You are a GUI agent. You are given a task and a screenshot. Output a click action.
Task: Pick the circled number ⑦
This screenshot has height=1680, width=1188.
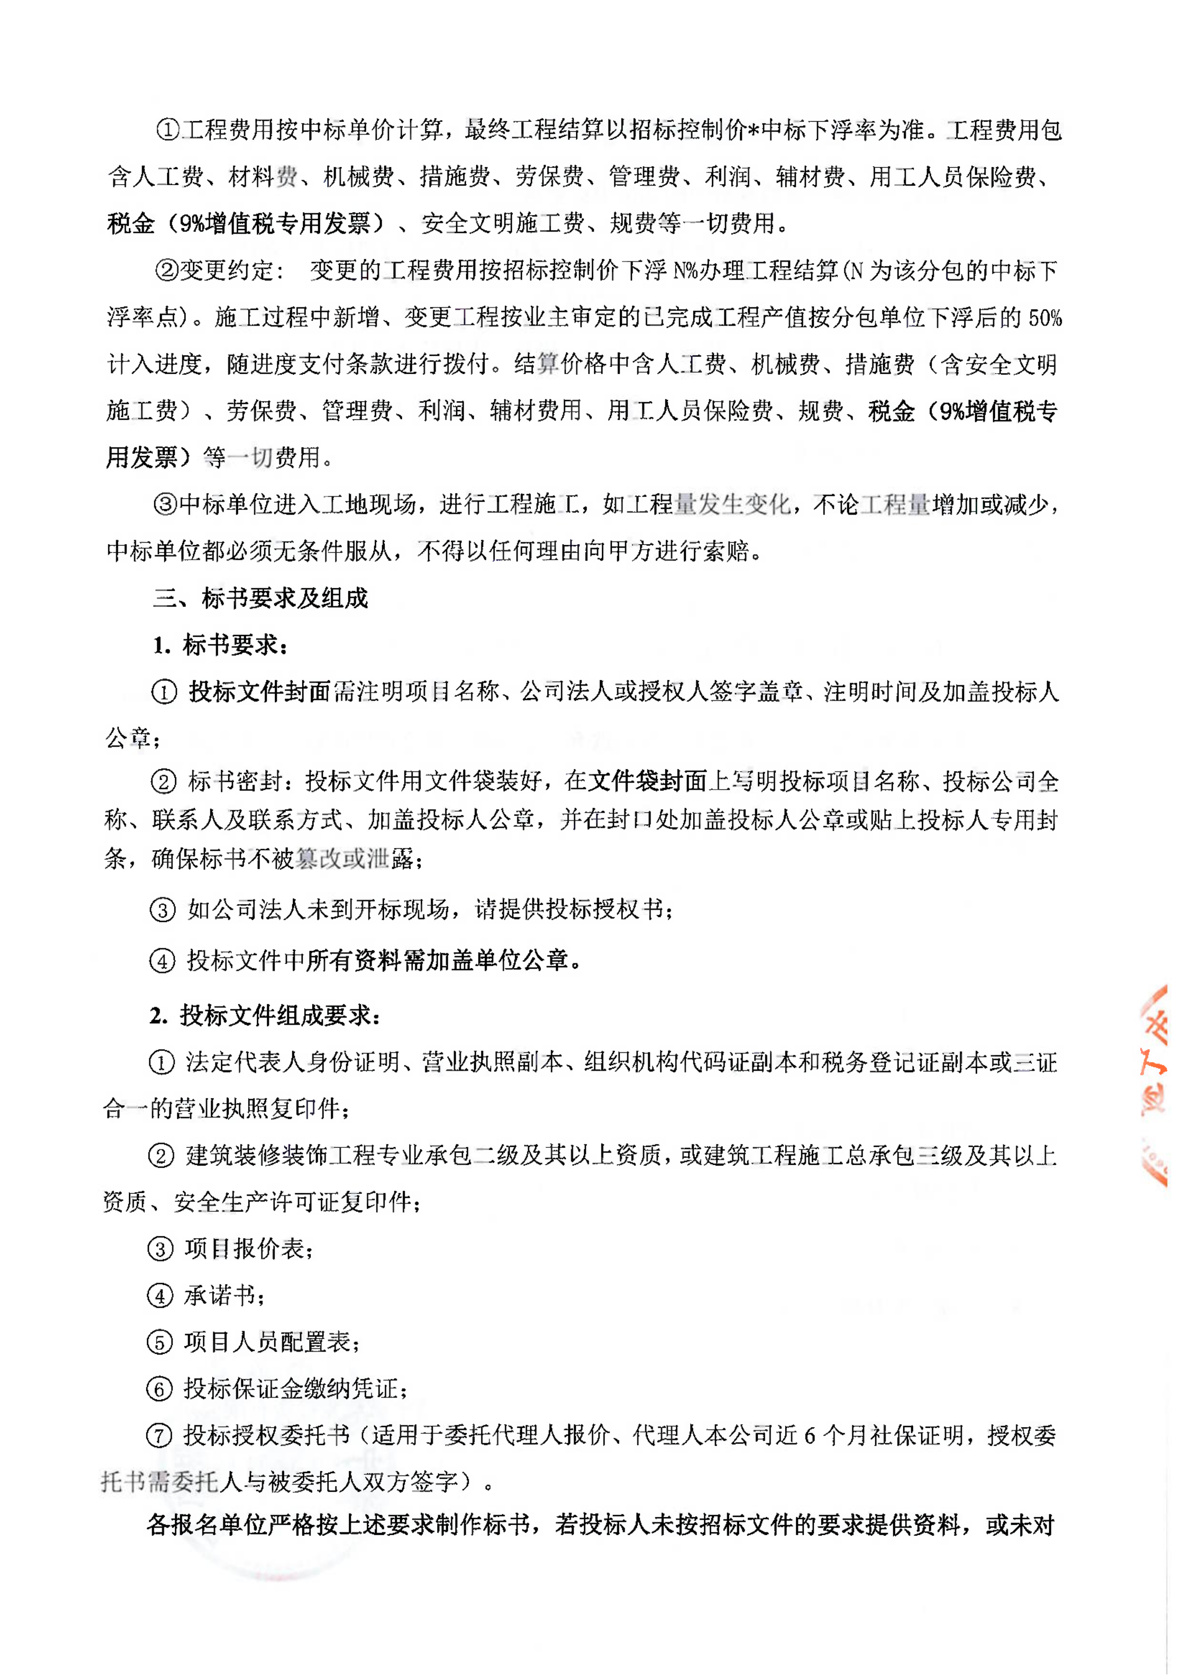click(159, 1436)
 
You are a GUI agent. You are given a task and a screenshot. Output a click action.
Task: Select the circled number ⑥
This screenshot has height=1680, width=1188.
click(159, 1389)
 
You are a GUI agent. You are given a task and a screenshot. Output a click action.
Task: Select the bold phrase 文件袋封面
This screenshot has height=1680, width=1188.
click(648, 782)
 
